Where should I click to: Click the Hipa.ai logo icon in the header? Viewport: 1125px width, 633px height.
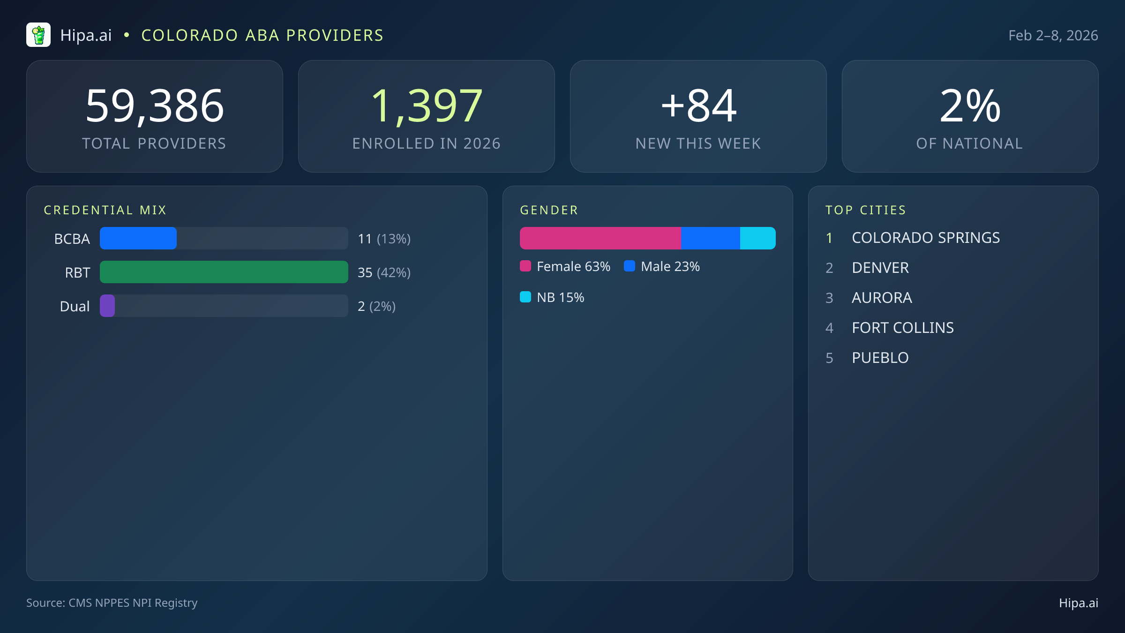(38, 35)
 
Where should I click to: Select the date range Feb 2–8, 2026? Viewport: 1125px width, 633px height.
(1053, 36)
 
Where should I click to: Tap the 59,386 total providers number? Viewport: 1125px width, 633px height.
(155, 106)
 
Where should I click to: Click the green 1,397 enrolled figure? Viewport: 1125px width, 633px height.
(426, 106)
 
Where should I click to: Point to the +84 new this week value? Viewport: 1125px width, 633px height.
(698, 106)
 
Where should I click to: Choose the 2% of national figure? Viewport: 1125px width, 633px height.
(970, 106)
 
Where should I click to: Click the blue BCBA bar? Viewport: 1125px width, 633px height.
(138, 238)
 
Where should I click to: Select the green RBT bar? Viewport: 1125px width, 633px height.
(224, 272)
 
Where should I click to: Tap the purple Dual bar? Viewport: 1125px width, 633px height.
(107, 306)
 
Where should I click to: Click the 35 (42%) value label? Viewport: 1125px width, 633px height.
(384, 272)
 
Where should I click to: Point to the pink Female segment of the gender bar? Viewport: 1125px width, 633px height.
(600, 238)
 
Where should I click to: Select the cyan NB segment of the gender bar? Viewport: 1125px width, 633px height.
(757, 238)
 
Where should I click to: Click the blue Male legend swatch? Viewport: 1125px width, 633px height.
(630, 266)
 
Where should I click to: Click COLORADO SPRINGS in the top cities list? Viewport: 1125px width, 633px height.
(926, 238)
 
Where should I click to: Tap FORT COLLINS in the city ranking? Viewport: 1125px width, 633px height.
(903, 328)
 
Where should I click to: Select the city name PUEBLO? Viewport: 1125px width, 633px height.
(880, 358)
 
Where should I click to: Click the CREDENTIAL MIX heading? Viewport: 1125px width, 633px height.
(105, 210)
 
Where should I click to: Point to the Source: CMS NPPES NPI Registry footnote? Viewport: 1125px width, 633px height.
(112, 603)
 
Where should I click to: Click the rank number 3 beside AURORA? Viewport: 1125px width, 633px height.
(829, 298)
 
